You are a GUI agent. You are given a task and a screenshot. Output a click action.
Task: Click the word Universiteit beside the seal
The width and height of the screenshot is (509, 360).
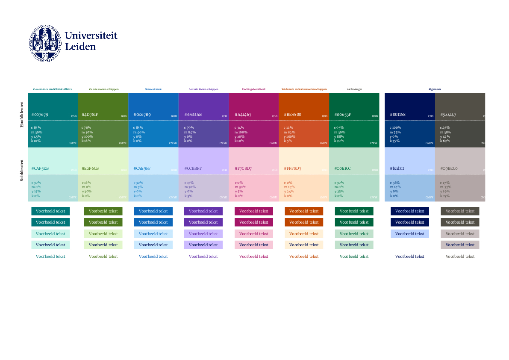(91, 36)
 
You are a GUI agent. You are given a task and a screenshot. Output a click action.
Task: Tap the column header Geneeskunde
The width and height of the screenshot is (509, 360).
(153, 89)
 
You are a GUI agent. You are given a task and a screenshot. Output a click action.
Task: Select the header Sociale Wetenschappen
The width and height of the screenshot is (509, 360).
(203, 89)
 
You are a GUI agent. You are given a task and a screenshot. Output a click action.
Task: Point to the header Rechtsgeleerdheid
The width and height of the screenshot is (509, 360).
(253, 89)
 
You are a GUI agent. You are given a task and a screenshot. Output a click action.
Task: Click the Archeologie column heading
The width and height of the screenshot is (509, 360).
(354, 89)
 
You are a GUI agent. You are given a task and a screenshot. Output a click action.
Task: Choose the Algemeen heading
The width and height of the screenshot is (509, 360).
(435, 89)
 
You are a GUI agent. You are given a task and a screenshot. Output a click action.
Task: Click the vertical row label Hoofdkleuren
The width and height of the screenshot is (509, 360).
(22, 114)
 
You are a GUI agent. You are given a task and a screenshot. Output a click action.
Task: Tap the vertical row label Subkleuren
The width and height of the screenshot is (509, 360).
(22, 170)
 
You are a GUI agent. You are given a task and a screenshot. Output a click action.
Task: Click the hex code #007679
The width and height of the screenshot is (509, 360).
(40, 115)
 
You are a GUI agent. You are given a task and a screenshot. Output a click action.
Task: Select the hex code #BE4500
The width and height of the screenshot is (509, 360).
(292, 115)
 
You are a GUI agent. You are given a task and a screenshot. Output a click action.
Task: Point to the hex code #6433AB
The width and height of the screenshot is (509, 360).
(193, 115)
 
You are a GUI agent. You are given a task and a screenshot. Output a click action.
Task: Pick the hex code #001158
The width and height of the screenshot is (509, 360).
(397, 115)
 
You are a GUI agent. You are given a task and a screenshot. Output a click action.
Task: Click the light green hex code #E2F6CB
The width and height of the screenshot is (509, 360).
(90, 168)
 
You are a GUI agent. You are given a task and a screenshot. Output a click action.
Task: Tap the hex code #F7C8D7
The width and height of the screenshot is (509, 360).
(243, 168)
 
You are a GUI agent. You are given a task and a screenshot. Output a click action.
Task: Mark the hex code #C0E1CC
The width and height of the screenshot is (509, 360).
(342, 168)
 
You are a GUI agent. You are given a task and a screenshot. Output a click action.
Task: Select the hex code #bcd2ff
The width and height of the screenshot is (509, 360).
(397, 168)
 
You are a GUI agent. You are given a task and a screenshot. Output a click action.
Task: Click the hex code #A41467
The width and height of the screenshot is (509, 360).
(243, 115)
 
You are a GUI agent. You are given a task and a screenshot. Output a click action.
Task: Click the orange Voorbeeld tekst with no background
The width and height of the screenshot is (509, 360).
(304, 257)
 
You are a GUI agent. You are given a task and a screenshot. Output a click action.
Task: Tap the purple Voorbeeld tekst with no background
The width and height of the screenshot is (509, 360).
(203, 257)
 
